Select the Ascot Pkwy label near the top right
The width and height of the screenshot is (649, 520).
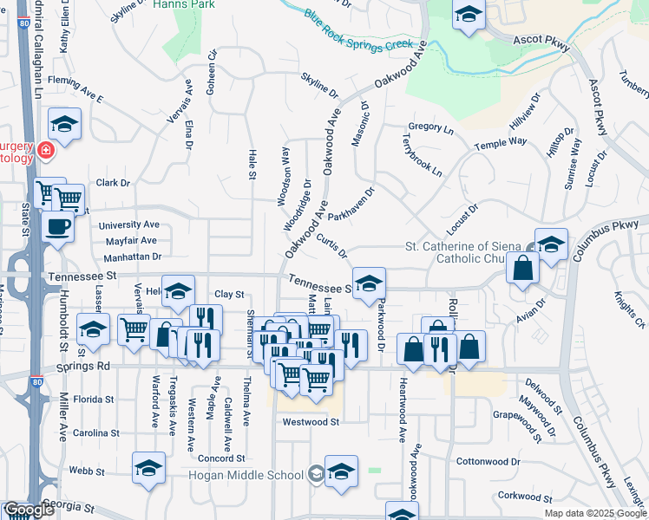[x=540, y=41]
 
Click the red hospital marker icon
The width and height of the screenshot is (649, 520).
[x=45, y=153]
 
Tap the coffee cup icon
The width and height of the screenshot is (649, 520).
[x=58, y=227]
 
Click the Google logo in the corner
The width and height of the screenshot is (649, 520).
[x=29, y=510]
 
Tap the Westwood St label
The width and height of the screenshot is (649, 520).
[x=310, y=422]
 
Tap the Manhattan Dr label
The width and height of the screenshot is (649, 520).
[x=133, y=257]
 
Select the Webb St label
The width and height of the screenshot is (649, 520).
[x=87, y=471]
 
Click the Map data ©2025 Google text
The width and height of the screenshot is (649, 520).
[x=595, y=513]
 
